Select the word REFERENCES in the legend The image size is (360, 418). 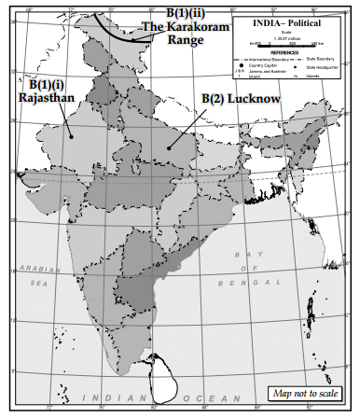click(x=289, y=52)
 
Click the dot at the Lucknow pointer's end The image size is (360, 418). click(x=168, y=146)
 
